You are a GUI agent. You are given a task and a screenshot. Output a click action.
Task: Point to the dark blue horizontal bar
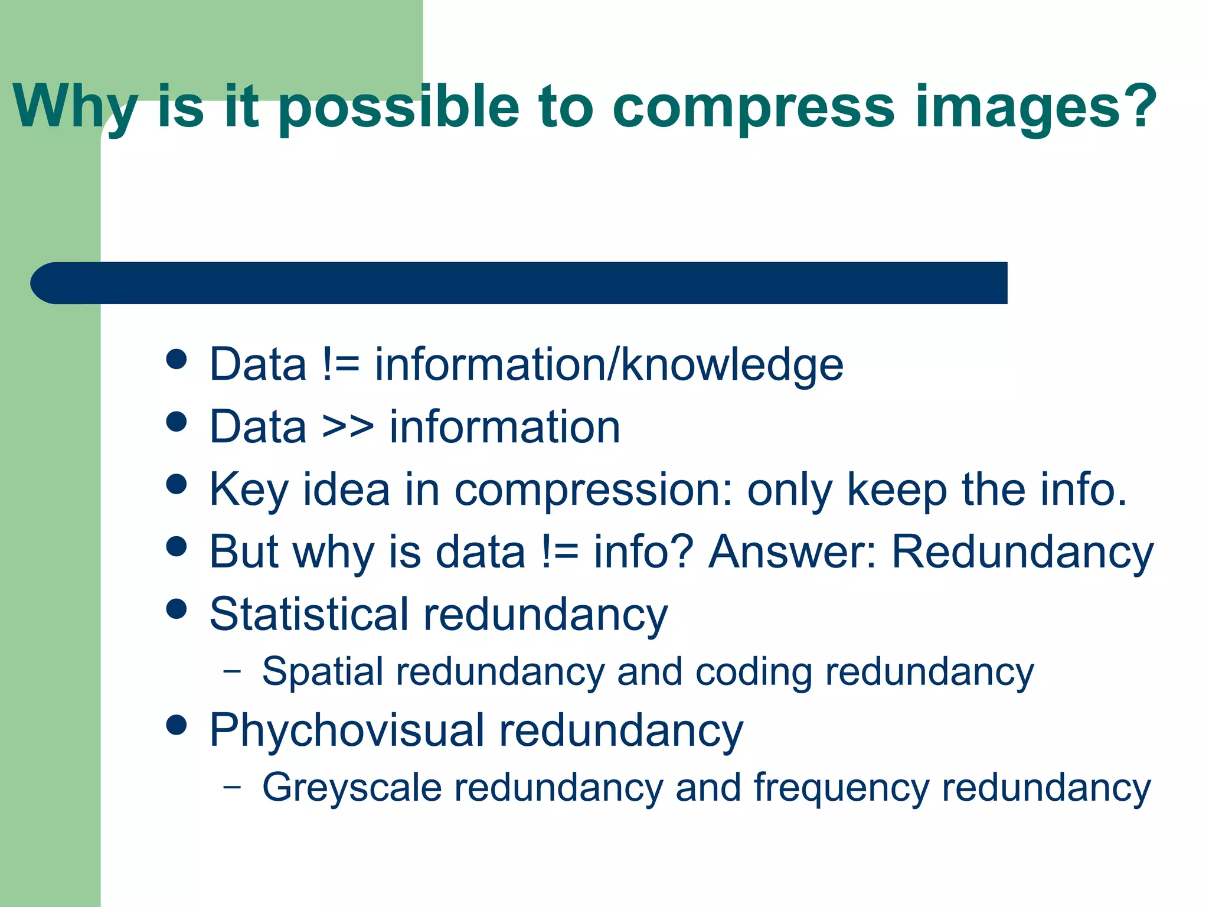coord(519,283)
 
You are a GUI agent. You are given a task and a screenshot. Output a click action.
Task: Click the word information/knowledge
coord(609,364)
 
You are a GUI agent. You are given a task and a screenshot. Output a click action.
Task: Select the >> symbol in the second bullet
coord(348,426)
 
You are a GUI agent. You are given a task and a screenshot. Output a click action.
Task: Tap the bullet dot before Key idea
coord(177,484)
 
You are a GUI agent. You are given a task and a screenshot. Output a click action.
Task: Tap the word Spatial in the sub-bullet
coord(322,672)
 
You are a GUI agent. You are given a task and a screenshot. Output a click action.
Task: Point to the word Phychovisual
coord(348,730)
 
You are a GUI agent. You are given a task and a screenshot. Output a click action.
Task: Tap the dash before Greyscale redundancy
coord(233,787)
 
